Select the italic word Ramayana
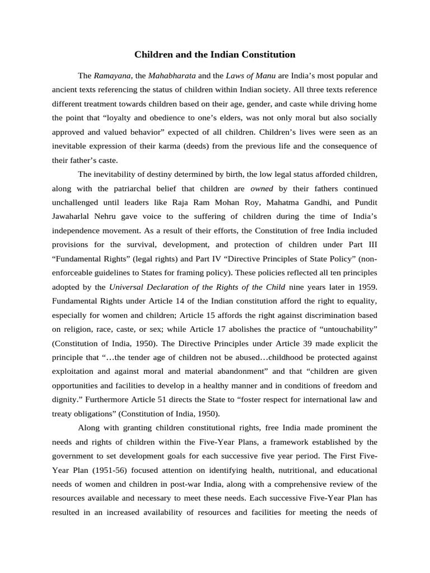(x=111, y=75)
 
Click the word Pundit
(x=363, y=203)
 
